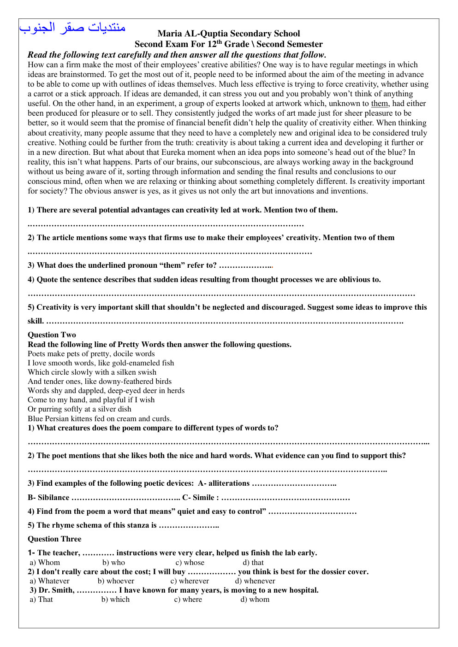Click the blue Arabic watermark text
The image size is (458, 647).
point(72,28)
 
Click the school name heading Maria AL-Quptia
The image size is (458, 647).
point(228,34)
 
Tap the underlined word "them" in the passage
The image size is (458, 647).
point(380,104)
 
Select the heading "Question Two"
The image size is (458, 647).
point(52,335)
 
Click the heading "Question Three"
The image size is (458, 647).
point(54,539)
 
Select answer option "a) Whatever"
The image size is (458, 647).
point(50,581)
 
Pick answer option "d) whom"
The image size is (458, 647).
point(255,600)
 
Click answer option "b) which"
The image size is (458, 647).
point(115,600)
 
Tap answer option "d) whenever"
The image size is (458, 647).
point(255,581)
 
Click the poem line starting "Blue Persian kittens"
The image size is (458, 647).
point(99,419)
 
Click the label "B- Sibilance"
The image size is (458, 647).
point(48,498)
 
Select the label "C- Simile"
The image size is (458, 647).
point(200,498)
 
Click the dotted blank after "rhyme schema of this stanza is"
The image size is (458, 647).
point(189,525)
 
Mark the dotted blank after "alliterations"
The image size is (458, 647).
point(294,483)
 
